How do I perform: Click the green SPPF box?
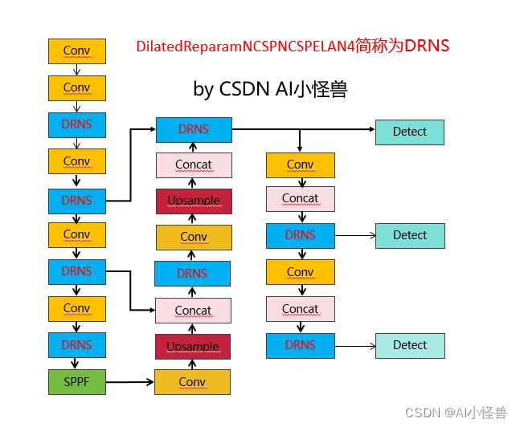click(77, 381)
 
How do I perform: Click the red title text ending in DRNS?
click(293, 46)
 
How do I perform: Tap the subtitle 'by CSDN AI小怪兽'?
click(270, 88)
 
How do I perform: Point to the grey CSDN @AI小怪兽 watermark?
click(456, 413)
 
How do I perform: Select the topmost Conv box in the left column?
click(77, 51)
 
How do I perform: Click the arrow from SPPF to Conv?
click(129, 382)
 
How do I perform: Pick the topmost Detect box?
click(409, 132)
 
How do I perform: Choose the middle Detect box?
click(409, 235)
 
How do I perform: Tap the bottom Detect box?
click(409, 345)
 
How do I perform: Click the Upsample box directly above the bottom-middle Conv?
click(193, 346)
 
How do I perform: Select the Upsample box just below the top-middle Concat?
click(193, 201)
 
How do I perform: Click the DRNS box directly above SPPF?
click(77, 345)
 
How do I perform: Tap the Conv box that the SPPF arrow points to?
click(193, 382)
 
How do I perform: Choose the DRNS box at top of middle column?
click(193, 129)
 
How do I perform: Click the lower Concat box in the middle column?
click(193, 310)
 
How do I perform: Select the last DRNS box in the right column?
click(300, 345)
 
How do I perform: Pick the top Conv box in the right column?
click(300, 165)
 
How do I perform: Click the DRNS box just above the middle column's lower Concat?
click(193, 274)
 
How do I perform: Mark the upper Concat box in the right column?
click(300, 198)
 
